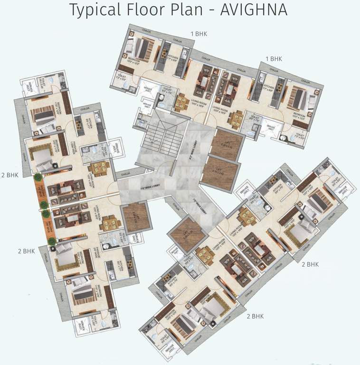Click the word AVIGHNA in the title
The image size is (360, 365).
(x=254, y=10)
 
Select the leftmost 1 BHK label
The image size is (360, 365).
(x=199, y=34)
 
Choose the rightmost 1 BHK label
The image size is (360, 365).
(x=274, y=58)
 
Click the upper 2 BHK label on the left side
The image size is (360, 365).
(x=9, y=174)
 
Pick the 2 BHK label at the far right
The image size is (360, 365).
(x=310, y=264)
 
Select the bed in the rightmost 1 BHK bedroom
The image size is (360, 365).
(x=298, y=99)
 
